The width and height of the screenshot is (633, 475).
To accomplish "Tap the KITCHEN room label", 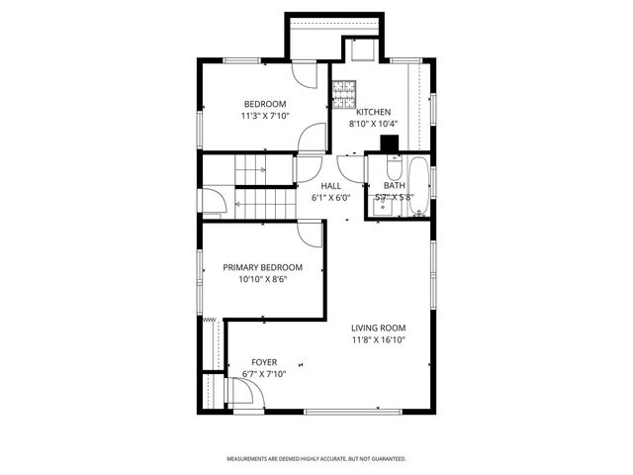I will coord(374,112).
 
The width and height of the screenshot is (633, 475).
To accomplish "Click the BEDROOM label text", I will coord(265,104).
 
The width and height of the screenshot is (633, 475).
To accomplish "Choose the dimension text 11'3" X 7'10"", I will coord(265,116).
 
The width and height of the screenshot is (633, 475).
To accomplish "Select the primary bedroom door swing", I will coord(312,234).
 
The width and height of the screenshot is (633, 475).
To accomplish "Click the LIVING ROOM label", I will coord(379,328).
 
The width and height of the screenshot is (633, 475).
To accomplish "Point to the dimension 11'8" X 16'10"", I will coord(379,339).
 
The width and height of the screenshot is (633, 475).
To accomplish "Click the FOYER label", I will coord(264,362).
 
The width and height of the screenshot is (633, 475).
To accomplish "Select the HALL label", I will coord(331,185).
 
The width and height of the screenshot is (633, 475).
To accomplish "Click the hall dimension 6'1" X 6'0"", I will coord(331,197).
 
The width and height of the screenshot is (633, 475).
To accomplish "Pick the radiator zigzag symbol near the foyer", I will coord(210,321).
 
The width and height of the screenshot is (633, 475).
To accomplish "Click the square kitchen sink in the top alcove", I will coord(360,48).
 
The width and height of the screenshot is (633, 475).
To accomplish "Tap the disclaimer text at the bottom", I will coord(316,459).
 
